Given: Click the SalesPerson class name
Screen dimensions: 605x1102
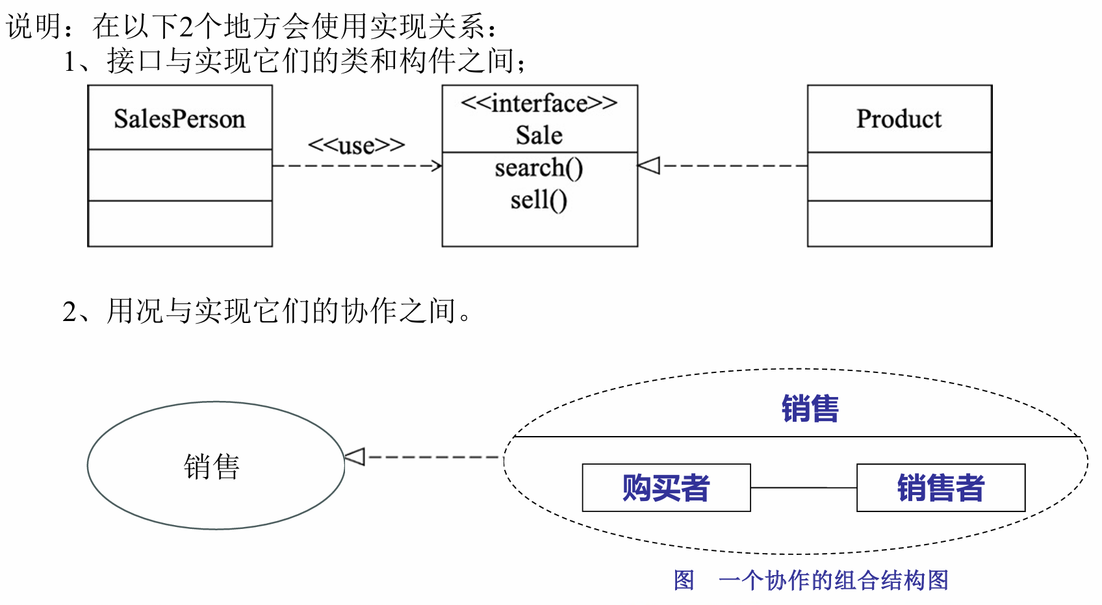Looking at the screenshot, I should (179, 119).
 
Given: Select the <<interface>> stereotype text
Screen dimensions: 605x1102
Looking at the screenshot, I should (539, 103).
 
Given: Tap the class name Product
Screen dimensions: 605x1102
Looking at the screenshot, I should (899, 119).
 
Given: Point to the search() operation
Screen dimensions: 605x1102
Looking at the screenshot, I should (539, 168).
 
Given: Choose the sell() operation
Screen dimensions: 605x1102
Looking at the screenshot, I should (539, 200).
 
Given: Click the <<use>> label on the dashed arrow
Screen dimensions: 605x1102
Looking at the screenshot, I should (356, 145).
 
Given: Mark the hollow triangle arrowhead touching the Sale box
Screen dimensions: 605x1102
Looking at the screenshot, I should (648, 166).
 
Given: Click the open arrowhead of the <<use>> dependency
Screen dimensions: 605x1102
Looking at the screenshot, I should (437, 166).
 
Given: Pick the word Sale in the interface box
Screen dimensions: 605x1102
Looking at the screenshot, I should (539, 135).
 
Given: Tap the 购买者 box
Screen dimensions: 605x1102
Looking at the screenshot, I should (666, 487).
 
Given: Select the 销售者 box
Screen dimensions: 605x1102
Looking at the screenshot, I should (940, 487).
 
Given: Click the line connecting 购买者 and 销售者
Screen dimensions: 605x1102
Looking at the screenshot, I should (803, 487).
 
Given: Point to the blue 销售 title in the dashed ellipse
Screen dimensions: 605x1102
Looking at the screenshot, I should (810, 409).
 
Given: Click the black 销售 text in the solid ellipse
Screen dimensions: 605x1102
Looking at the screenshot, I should (212, 467).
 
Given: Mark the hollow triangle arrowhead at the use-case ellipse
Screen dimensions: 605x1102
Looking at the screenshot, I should (355, 457).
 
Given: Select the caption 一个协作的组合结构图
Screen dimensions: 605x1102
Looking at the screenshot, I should (834, 580).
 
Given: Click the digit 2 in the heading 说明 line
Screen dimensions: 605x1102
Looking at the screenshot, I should (186, 27).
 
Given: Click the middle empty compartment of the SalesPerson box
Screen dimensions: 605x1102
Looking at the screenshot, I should (179, 175).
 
